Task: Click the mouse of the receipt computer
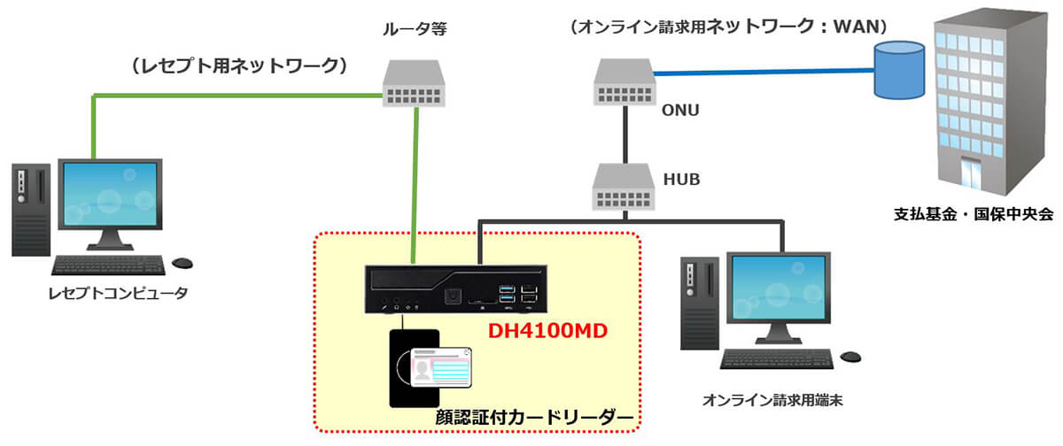[184, 263]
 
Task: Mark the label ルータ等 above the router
[415, 28]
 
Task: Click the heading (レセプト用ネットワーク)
[237, 66]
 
